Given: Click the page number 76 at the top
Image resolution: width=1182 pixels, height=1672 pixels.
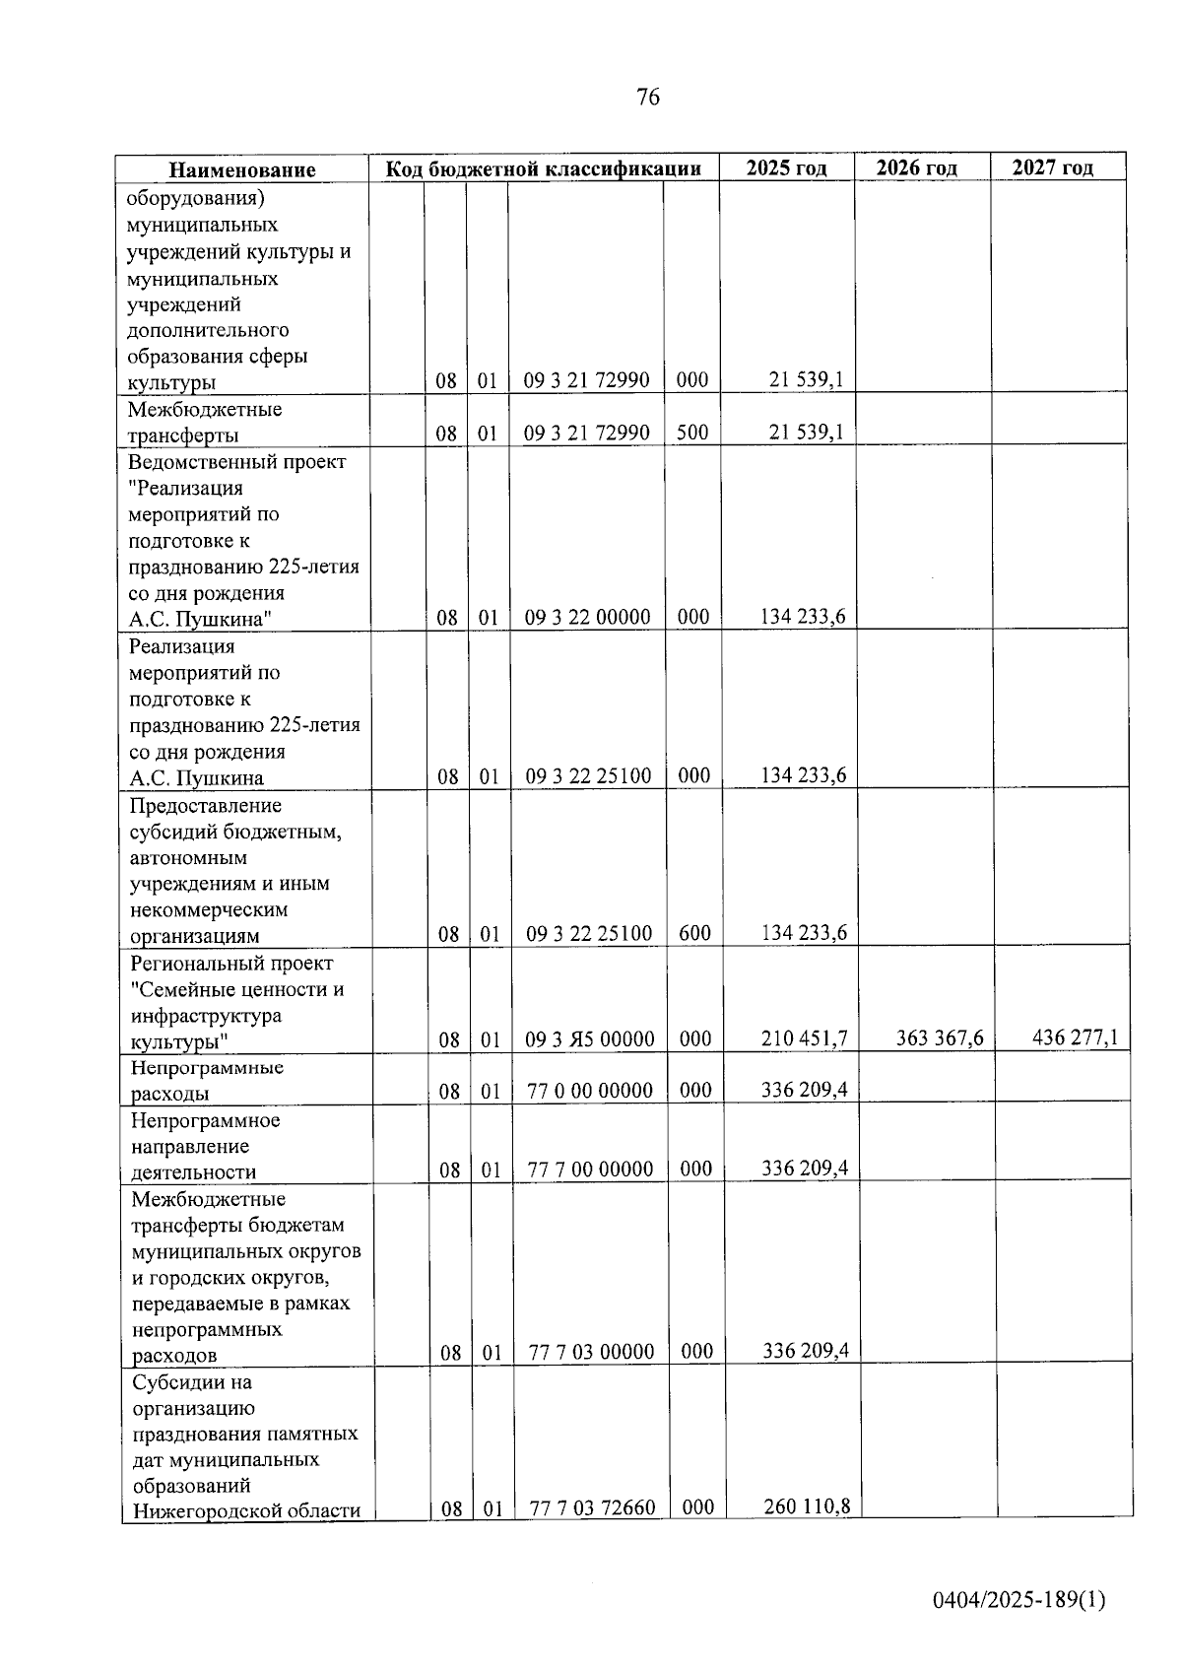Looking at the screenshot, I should click(648, 97).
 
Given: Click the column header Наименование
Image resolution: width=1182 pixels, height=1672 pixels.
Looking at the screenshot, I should click(242, 169).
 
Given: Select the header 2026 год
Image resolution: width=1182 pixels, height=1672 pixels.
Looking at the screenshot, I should click(917, 167).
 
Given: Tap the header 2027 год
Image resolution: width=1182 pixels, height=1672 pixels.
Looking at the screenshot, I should click(1053, 167).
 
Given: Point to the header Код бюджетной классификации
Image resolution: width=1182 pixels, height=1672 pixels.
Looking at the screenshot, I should click(543, 168).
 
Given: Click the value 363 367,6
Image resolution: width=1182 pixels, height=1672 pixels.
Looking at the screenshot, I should click(940, 1037).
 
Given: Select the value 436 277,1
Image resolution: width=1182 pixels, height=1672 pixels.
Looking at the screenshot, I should click(1075, 1037).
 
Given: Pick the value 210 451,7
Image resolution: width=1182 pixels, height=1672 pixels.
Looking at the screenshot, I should click(805, 1037).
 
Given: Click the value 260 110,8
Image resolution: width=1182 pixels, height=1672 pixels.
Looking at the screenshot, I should click(807, 1505).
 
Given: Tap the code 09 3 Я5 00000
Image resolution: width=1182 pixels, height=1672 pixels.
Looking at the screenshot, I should click(589, 1038).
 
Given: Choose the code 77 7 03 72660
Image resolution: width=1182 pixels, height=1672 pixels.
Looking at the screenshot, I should click(592, 1507).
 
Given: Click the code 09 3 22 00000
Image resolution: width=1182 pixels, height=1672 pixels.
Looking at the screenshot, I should click(587, 618).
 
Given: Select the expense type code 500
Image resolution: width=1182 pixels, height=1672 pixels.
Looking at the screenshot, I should click(692, 432).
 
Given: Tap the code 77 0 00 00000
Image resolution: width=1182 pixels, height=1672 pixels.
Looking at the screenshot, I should click(589, 1090).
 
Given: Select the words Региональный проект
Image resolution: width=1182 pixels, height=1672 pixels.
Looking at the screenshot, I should click(231, 963).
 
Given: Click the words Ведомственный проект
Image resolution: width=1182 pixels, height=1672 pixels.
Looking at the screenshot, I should click(237, 461).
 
